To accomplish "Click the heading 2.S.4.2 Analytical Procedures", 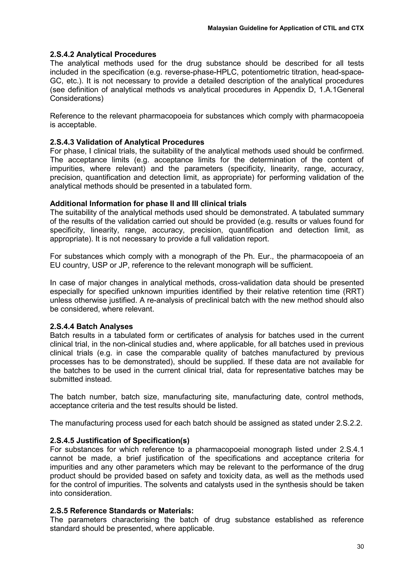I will coord(103,54).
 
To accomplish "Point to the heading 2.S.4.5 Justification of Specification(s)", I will coord(120,441).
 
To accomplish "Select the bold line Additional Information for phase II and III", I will coord(148,203).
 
